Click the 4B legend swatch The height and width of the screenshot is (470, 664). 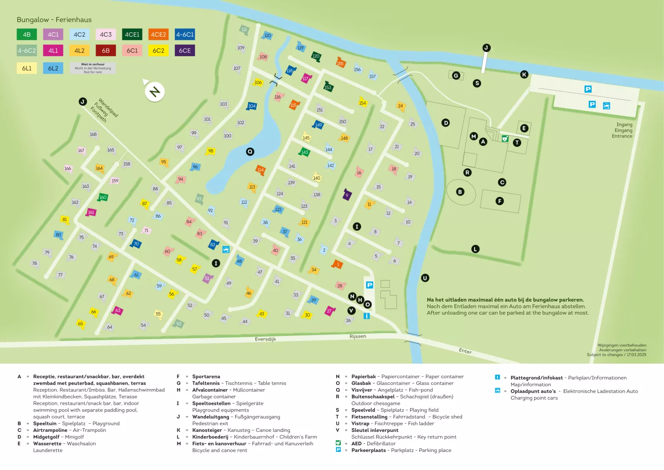27,34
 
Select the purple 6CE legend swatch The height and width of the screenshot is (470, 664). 184,50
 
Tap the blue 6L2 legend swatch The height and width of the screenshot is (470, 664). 53,68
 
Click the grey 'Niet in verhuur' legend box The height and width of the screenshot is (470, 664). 93,68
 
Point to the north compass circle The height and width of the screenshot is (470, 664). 155,92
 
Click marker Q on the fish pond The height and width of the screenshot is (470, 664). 250,152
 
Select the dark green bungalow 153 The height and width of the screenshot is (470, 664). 328,87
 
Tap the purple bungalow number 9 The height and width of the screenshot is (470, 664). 347,195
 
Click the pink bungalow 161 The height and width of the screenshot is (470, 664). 91,212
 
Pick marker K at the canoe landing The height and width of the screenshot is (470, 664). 524,74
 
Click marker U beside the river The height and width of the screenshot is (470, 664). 425,278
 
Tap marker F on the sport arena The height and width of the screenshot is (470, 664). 499,201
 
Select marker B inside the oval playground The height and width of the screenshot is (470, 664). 460,192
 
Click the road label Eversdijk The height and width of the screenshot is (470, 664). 265,339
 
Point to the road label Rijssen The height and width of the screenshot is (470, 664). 358,336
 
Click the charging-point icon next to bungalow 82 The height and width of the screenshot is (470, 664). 226,249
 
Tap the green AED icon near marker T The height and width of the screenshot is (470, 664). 505,139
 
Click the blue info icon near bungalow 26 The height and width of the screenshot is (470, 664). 366,316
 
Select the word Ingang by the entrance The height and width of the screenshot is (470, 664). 624,125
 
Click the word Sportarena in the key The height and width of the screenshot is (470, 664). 206,377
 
